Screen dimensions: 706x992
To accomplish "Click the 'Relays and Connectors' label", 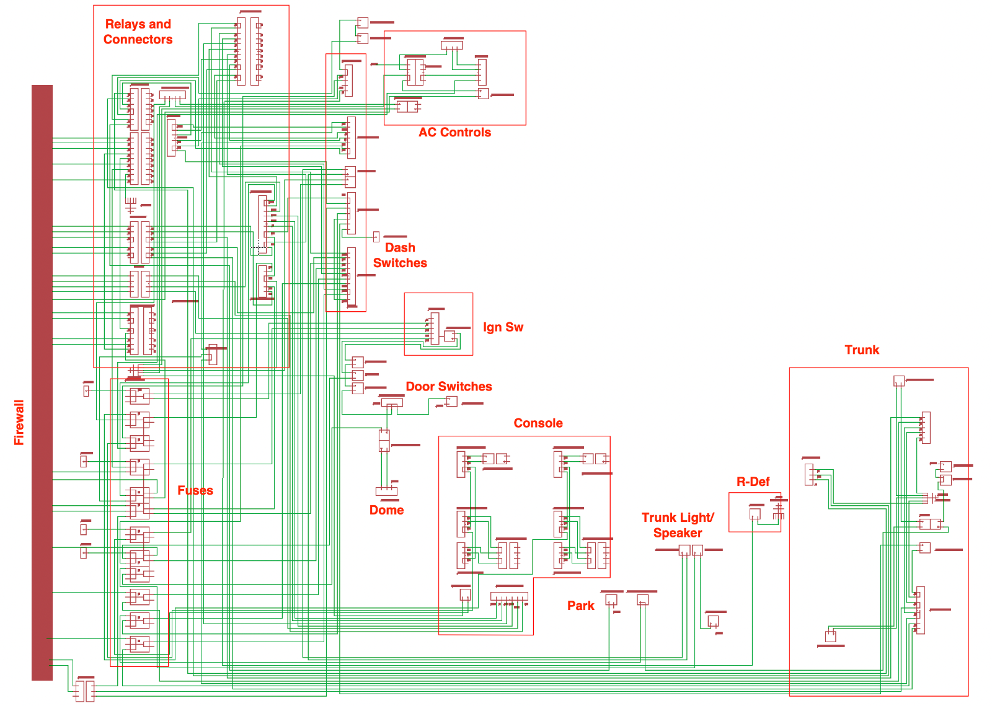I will pos(138,32).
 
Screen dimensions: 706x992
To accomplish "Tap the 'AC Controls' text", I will pos(454,132).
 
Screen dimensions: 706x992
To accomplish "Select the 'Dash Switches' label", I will pos(400,255).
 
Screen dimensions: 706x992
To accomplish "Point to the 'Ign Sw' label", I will pos(503,327).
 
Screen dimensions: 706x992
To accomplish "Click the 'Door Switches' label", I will pos(448,387).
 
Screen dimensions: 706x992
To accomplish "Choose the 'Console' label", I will pos(538,423).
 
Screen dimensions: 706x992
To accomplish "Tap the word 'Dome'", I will pos(386,510).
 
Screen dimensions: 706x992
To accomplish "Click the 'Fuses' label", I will pos(195,490).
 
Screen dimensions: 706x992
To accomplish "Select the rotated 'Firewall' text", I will pos(19,422).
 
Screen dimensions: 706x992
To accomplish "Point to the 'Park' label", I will pos(580,606).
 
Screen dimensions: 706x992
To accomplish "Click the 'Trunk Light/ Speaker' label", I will pos(678,525).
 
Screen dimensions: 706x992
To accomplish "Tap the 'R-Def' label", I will pos(753,482).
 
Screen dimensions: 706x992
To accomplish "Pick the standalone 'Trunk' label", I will pos(862,350).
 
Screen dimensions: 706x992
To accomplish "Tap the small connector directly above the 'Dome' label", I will pos(386,491).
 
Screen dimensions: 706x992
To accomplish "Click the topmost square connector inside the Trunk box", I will pos(899,381).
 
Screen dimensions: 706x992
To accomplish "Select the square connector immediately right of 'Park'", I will pos(611,600).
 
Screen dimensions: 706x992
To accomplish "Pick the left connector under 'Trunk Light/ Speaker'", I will pos(684,550).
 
